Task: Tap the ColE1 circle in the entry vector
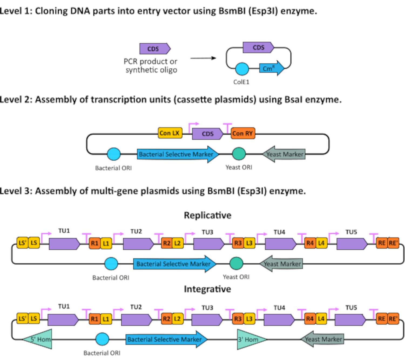pyautogui.click(x=242, y=69)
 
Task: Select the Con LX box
pyautogui.click(x=170, y=133)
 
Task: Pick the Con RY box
pyautogui.click(x=243, y=133)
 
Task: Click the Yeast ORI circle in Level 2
pyautogui.click(x=239, y=154)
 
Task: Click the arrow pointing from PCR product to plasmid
pyautogui.click(x=203, y=58)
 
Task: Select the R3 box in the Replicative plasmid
pyautogui.click(x=238, y=243)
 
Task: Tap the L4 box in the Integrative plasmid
pyautogui.click(x=321, y=319)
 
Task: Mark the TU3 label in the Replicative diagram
pyautogui.click(x=207, y=232)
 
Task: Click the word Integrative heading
pyautogui.click(x=207, y=289)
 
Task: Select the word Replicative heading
pyautogui.click(x=208, y=215)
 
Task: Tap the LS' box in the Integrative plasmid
pyautogui.click(x=22, y=319)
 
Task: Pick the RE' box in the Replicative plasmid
pyautogui.click(x=393, y=243)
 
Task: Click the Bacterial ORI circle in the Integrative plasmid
pyautogui.click(x=102, y=339)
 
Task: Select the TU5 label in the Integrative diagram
pyautogui.click(x=351, y=308)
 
